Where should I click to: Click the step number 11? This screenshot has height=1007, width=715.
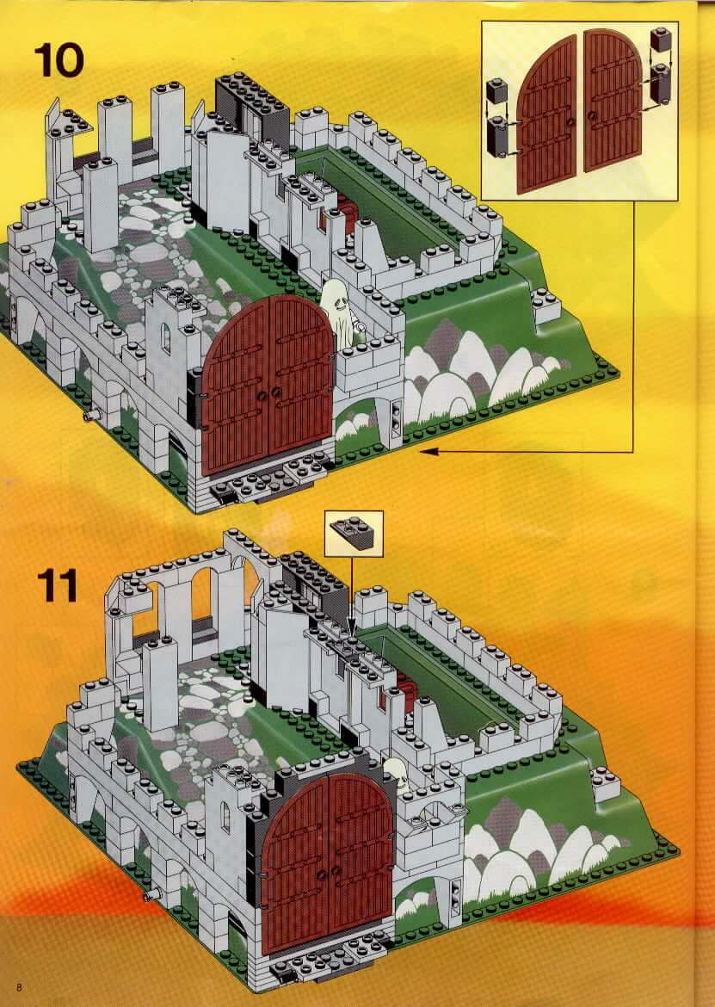(x=57, y=585)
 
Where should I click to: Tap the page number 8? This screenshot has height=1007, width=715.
(x=20, y=986)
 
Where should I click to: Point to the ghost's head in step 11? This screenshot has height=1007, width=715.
(x=397, y=773)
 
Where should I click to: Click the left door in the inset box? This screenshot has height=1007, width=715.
(x=547, y=114)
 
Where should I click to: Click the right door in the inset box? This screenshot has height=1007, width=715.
(x=613, y=100)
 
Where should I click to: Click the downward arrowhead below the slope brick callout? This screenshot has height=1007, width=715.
(x=351, y=631)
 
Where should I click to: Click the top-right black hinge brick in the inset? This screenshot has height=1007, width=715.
(x=661, y=40)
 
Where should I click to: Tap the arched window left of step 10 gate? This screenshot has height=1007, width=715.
(x=165, y=338)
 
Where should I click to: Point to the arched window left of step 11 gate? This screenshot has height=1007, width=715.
(x=225, y=816)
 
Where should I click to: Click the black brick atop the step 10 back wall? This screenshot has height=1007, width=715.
(x=251, y=102)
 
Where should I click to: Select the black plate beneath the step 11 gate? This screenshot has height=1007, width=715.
(x=327, y=960)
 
